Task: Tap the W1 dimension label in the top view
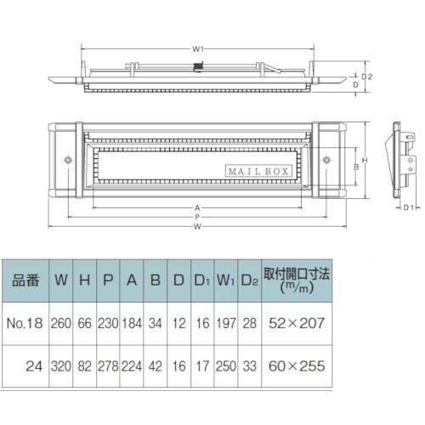pyautogui.click(x=197, y=48)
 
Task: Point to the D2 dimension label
pyautogui.click(x=367, y=76)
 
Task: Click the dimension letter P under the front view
pyautogui.click(x=197, y=216)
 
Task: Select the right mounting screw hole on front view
pyautogui.click(x=326, y=159)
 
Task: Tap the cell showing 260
pyautogui.click(x=61, y=323)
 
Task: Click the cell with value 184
pyautogui.click(x=132, y=323)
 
